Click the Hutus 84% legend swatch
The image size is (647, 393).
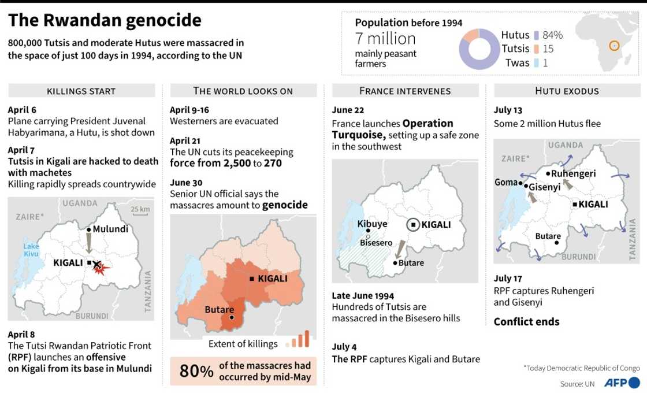click(537, 35)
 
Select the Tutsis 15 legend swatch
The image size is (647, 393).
click(537, 49)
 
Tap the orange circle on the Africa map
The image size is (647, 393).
click(614, 46)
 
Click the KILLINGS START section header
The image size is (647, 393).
click(81, 91)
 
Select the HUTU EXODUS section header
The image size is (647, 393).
click(567, 91)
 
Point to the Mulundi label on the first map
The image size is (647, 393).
click(110, 229)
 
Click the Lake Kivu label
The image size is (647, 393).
click(31, 250)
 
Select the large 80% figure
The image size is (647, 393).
click(196, 371)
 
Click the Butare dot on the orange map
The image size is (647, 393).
click(232, 317)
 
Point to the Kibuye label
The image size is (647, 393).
click(372, 224)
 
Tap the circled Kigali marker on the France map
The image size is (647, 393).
click(414, 225)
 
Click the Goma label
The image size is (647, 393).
click(506, 182)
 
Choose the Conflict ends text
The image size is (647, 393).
click(526, 322)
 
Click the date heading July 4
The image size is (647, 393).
click(344, 347)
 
